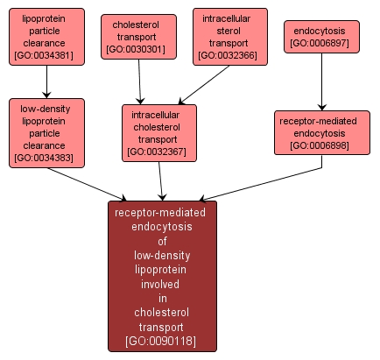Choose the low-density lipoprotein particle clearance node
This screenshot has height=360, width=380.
46,132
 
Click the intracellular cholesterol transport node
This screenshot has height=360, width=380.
159,132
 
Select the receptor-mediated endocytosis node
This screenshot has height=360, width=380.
321,132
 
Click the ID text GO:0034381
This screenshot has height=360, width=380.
46,55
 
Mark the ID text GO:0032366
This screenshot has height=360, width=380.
229,55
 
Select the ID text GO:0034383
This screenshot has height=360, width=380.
46,159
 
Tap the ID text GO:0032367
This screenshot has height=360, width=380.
159,152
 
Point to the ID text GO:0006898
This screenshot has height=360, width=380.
321,145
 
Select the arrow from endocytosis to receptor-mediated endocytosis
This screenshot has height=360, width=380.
321,80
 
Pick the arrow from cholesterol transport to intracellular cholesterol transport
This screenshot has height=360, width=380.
140,83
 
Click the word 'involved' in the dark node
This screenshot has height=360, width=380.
162,284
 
